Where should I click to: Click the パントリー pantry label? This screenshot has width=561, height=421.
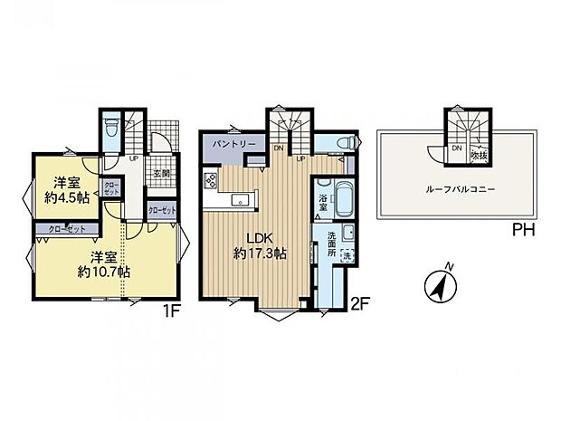[233, 144]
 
